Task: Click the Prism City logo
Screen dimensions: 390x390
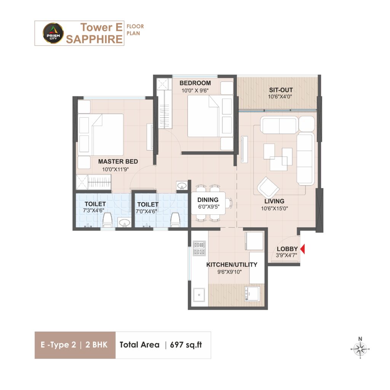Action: pos(53,33)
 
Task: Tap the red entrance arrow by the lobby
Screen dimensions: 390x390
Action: pos(303,249)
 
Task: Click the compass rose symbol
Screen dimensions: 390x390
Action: pos(360,348)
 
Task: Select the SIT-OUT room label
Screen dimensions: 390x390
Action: pos(281,90)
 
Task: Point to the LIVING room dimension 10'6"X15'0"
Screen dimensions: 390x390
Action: pos(274,208)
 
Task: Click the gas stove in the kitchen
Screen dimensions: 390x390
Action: pos(200,248)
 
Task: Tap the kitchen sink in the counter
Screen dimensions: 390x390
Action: pos(199,295)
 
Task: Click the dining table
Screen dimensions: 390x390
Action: pos(208,203)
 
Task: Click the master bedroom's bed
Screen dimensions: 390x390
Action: pos(101,134)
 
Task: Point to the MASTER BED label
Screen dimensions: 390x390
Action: pos(118,161)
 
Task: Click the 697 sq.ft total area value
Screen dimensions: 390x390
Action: pos(186,345)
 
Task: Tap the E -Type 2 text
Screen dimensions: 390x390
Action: pos(58,345)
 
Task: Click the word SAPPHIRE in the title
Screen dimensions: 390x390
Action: pos(94,39)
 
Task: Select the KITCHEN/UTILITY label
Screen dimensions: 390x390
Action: pos(232,265)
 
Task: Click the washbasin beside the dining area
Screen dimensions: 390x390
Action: pos(182,185)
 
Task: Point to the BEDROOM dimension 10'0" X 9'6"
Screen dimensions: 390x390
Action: pos(195,91)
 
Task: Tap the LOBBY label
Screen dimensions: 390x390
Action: pos(287,249)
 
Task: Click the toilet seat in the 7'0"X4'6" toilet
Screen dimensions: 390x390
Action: pos(175,220)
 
